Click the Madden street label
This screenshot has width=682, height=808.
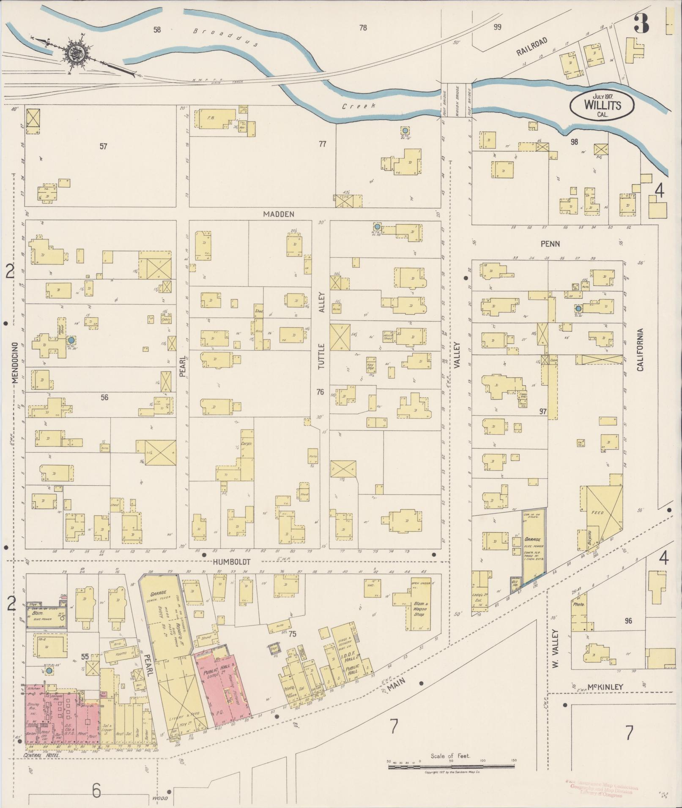[279, 214]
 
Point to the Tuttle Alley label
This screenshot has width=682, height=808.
[321, 334]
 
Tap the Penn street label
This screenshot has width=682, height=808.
[550, 244]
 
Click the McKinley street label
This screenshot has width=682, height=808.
[605, 687]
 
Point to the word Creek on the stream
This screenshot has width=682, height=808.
[359, 106]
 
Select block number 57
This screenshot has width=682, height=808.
[103, 147]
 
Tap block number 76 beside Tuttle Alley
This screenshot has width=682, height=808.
[320, 392]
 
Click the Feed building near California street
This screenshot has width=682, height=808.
[600, 512]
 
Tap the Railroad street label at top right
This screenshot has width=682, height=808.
[531, 46]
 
